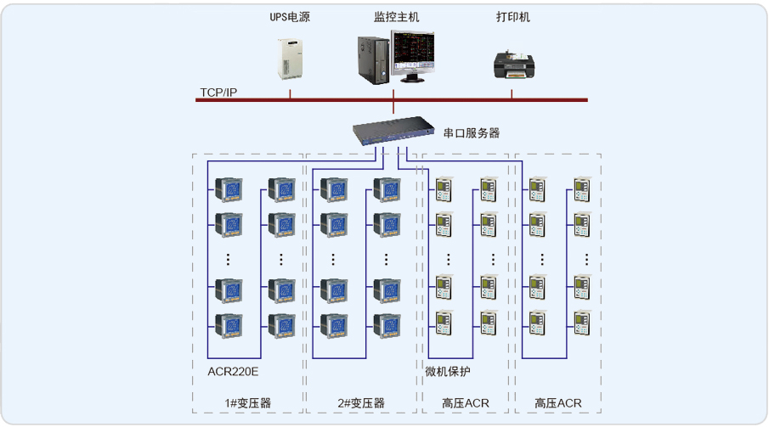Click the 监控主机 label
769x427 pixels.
click(396, 16)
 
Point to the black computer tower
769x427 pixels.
click(370, 62)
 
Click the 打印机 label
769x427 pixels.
click(512, 16)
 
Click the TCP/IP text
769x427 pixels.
click(218, 92)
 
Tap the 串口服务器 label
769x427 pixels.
click(472, 133)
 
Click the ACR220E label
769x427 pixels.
click(233, 371)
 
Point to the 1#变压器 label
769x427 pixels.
click(248, 402)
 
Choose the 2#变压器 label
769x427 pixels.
click(361, 402)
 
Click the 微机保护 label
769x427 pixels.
click(448, 371)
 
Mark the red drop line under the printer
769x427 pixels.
click(512, 92)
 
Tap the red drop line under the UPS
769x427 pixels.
click(290, 92)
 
